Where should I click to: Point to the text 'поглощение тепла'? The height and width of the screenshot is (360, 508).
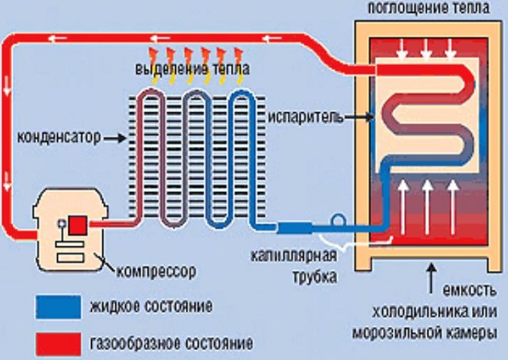429,8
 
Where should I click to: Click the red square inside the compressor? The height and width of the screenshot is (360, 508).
79,225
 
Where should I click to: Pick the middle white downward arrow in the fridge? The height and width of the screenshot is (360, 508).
427,49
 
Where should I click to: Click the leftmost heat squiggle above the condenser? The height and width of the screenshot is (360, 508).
154,55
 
